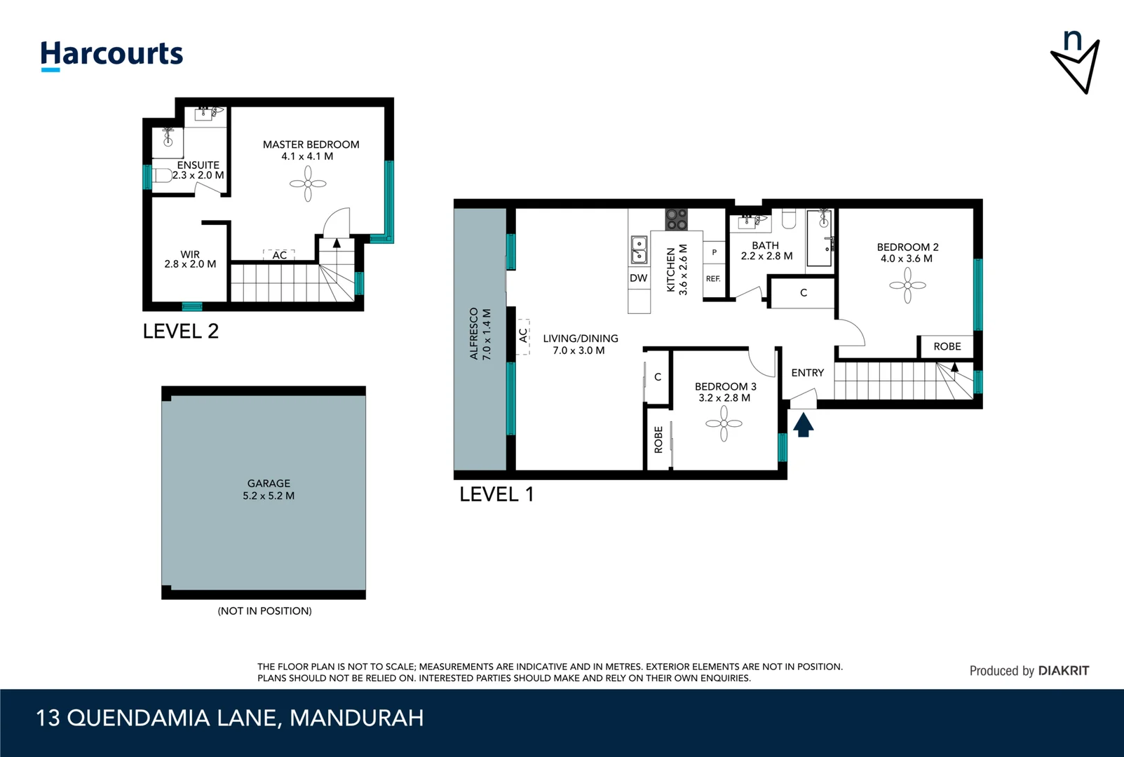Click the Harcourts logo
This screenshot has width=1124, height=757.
(111, 55)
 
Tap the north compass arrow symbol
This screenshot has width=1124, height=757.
(1076, 64)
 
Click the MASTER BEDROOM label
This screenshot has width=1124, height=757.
(311, 144)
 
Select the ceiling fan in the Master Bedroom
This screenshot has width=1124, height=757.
(308, 184)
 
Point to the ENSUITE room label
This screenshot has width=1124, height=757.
(198, 165)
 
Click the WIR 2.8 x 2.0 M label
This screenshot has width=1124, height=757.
(190, 259)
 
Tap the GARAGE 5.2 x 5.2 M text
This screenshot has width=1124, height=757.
(269, 489)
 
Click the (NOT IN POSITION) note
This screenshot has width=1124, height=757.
(264, 611)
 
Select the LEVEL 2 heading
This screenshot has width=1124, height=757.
(181, 332)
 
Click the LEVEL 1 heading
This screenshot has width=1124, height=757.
(496, 495)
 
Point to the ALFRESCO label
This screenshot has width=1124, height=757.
(474, 334)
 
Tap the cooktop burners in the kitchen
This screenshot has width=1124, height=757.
(676, 219)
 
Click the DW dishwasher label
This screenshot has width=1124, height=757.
(638, 278)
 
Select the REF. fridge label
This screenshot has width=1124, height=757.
(713, 279)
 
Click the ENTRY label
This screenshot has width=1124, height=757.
(807, 373)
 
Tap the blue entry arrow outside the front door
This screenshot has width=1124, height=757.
(803, 425)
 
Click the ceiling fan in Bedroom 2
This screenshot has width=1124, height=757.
(907, 285)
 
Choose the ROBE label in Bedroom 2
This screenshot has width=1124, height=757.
(947, 346)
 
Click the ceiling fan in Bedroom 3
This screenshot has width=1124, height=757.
(724, 423)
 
